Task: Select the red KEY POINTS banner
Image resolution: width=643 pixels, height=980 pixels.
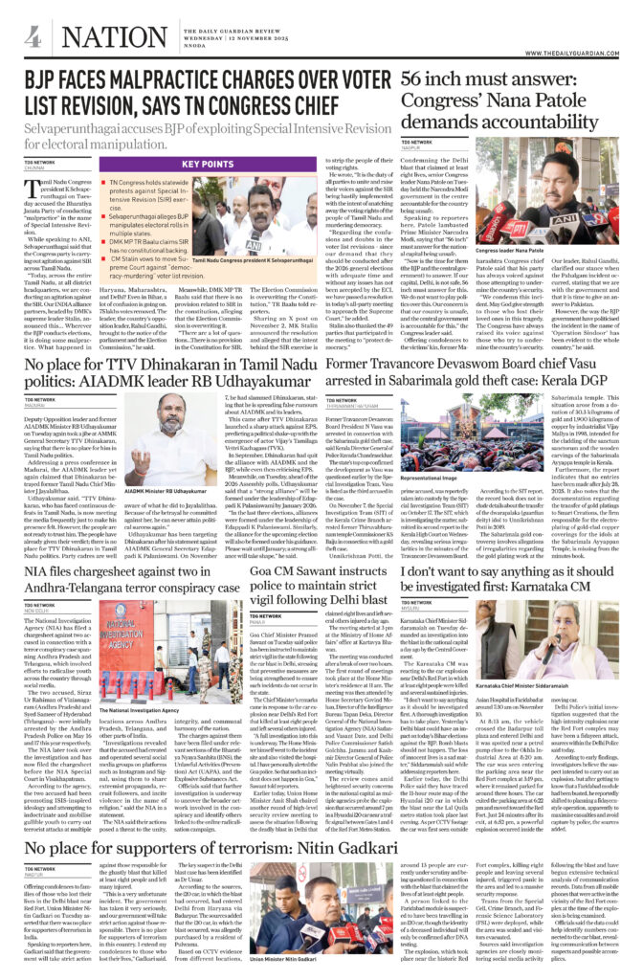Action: click(208, 165)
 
